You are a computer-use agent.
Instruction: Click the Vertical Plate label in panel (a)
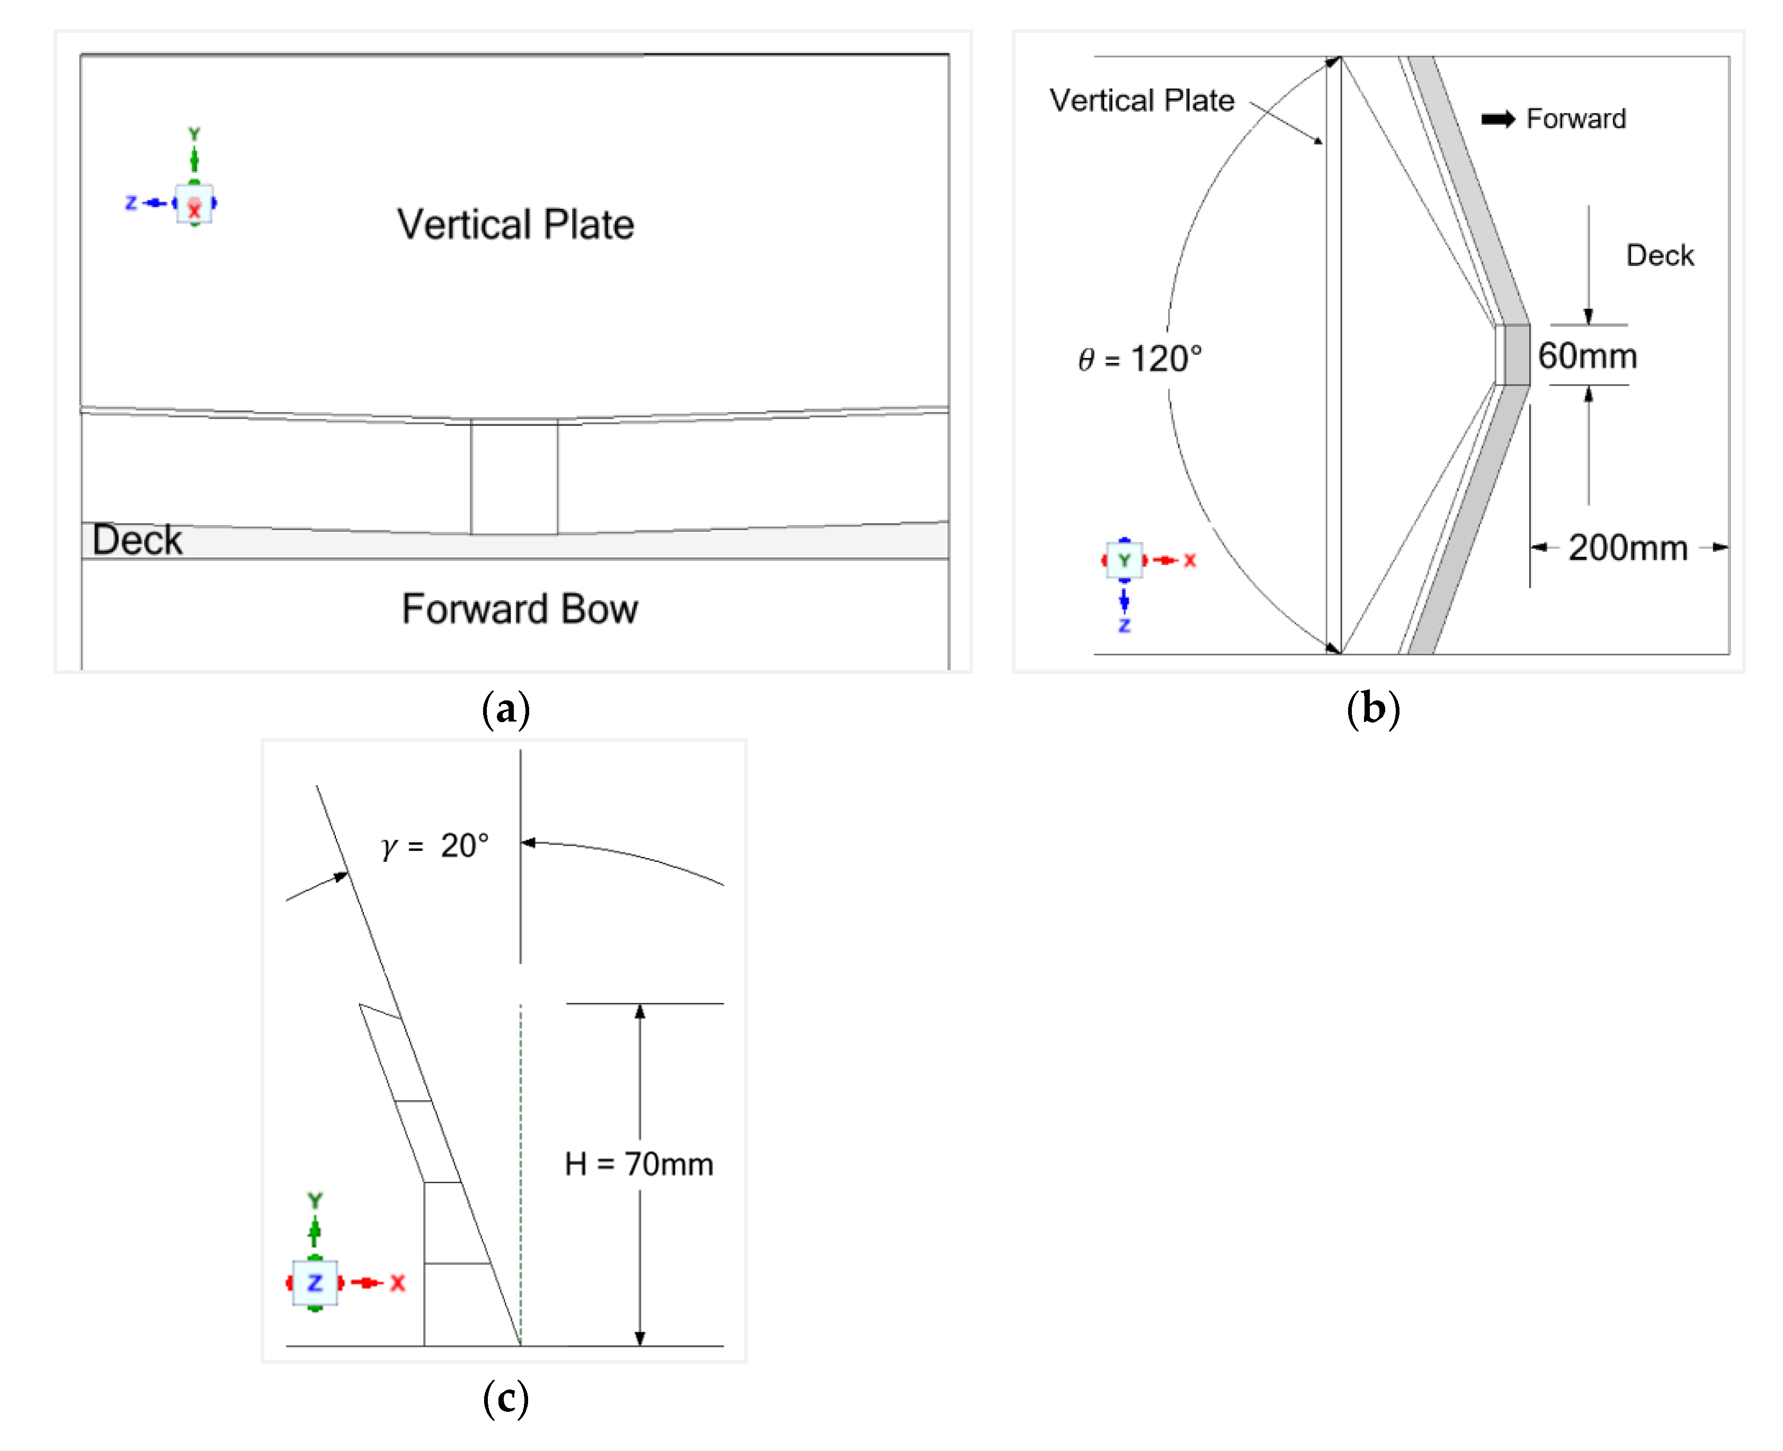(x=515, y=224)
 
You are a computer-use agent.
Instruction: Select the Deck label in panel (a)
(x=137, y=540)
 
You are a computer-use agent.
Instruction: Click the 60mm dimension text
(x=1586, y=356)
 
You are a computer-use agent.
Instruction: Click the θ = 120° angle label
(x=1139, y=359)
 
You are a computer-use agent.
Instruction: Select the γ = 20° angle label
(x=434, y=846)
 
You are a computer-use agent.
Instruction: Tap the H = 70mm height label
(x=638, y=1163)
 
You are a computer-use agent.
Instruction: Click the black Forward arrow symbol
(x=1497, y=120)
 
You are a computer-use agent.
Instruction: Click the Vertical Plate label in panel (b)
(x=1142, y=100)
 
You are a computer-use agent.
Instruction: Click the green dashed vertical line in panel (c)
(x=521, y=1170)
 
